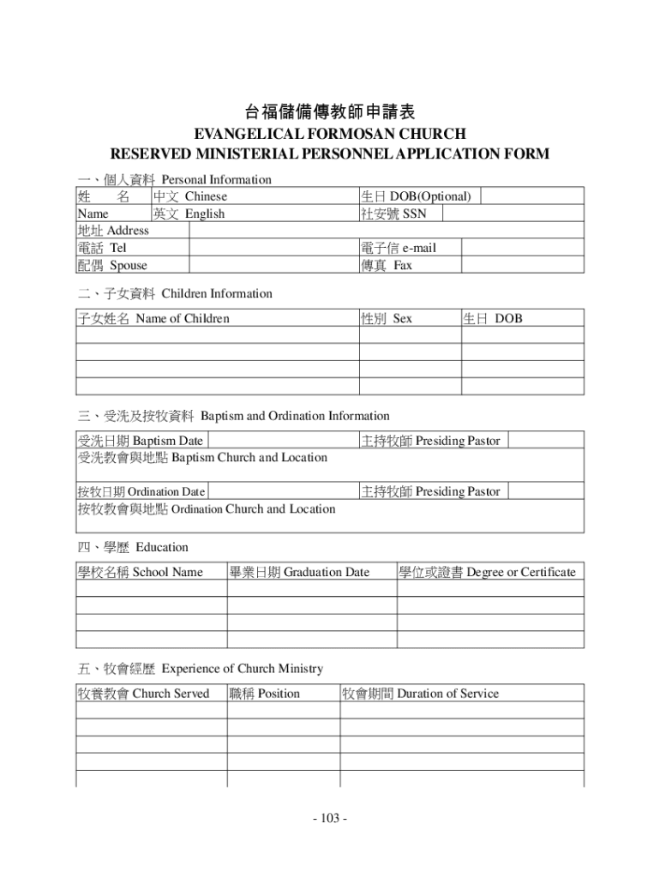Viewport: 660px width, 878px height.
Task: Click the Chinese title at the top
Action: (330, 112)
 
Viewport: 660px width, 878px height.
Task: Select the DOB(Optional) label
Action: (417, 196)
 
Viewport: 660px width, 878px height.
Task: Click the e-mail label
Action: (399, 248)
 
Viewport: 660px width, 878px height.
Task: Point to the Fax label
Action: (387, 265)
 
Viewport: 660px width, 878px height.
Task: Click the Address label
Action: (113, 230)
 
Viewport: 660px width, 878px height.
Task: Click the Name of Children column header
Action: (153, 319)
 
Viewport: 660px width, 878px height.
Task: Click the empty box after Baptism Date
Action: (282, 441)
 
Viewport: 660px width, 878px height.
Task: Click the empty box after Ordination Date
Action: (282, 492)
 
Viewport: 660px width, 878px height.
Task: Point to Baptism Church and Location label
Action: (202, 458)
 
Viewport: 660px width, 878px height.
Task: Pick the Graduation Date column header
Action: (299, 572)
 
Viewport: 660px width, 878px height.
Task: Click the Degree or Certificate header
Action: (487, 572)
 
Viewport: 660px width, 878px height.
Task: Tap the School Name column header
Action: (140, 572)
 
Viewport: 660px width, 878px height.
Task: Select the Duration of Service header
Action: (420, 693)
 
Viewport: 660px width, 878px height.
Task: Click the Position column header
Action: (265, 693)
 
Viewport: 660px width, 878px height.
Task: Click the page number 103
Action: (330, 818)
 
